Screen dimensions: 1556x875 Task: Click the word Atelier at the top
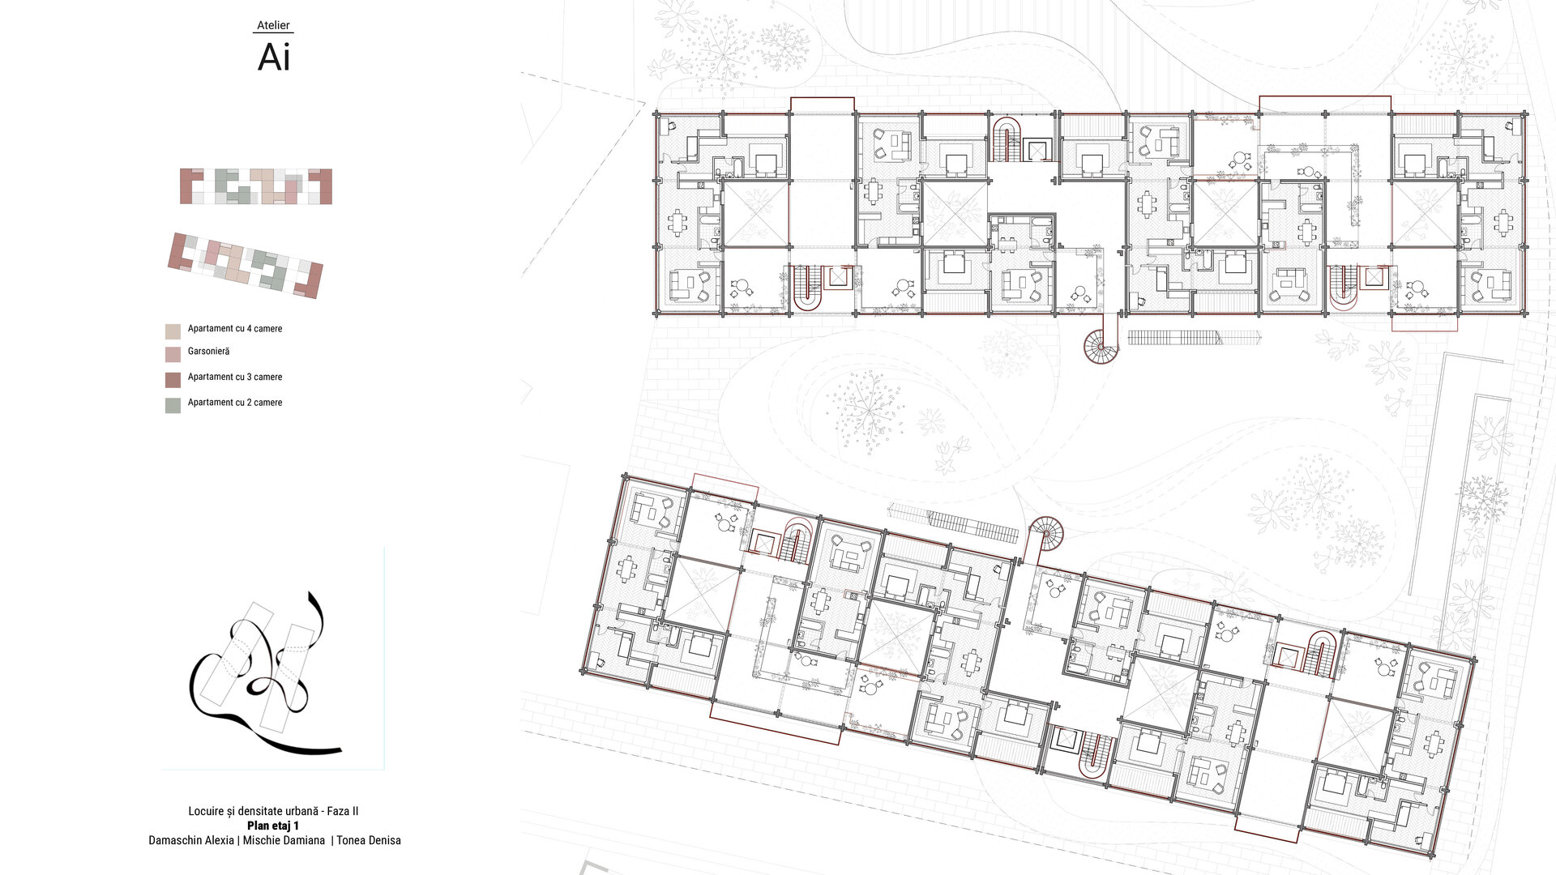coord(273,25)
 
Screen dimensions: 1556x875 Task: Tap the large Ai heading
coord(274,57)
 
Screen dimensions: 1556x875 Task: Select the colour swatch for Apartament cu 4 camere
coord(173,331)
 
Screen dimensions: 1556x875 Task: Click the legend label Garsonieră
coord(208,352)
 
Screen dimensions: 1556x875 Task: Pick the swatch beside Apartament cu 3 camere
coord(173,380)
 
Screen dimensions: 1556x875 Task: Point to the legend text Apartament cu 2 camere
coord(235,403)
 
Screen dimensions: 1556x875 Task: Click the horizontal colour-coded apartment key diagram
coord(256,186)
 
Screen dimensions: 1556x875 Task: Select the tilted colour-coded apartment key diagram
coord(246,266)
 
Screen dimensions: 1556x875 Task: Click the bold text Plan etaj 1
coord(273,826)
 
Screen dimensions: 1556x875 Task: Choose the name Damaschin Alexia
coord(191,840)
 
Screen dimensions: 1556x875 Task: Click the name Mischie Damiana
coord(284,840)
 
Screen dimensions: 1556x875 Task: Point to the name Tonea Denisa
coord(369,840)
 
